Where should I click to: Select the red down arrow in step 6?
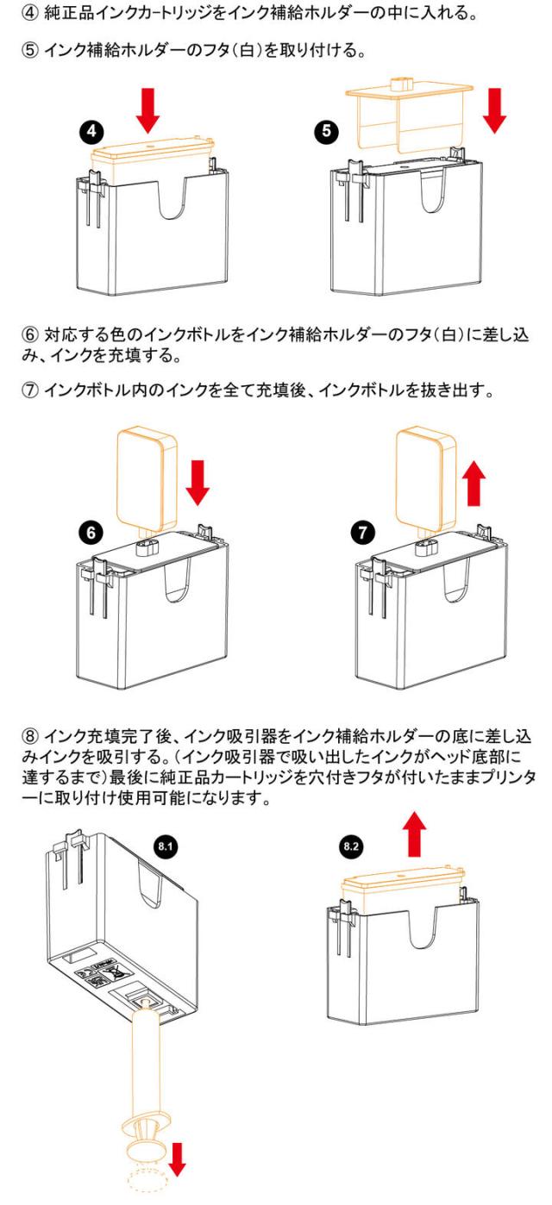pos(198,481)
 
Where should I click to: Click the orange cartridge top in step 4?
pos(151,159)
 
